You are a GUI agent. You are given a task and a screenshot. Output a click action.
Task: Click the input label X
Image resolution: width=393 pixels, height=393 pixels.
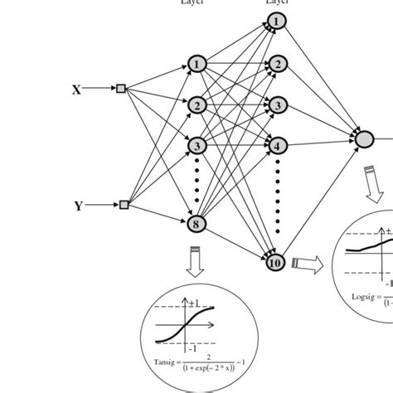point(76,89)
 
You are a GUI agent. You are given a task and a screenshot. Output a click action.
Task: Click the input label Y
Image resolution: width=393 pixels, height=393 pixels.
point(78,206)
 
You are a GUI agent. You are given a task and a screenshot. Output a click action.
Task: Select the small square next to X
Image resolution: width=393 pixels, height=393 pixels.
point(121,88)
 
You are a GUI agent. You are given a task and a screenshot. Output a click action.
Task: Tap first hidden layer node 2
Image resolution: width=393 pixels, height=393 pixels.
point(196,105)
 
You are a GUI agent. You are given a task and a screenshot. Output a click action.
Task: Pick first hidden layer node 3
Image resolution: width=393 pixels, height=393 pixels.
point(196,146)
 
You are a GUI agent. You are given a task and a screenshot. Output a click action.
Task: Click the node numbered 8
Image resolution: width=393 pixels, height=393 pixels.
point(197,222)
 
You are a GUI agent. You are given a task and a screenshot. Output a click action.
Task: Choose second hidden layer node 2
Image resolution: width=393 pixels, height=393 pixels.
point(276,63)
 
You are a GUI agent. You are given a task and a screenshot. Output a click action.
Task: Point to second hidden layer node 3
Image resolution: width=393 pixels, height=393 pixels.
point(276,104)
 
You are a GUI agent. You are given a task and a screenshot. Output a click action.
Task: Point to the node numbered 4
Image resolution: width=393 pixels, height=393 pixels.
point(276,145)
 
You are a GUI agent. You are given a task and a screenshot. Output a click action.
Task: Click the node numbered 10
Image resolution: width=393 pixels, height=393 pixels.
point(276,264)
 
